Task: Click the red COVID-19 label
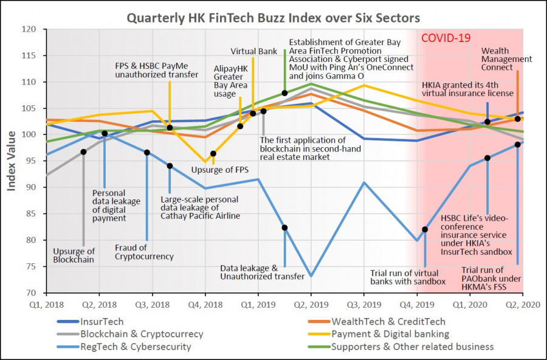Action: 446,38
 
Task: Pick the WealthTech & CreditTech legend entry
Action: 388,321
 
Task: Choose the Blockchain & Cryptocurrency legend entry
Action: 142,334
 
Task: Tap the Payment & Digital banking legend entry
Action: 390,334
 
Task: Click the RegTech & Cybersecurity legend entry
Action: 136,347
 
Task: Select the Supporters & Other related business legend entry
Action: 412,347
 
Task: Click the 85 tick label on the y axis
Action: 31,213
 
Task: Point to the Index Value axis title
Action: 12,161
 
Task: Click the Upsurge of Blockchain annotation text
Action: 74,255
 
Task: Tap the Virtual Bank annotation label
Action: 254,52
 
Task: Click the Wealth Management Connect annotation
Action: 506,59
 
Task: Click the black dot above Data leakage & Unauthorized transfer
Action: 284,227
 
